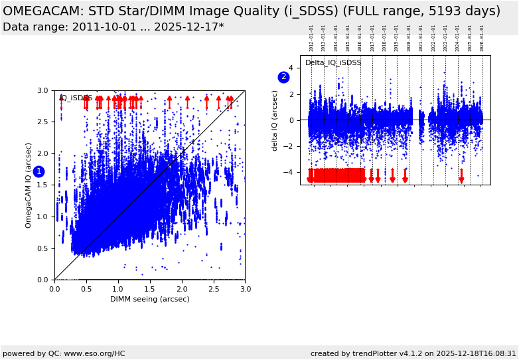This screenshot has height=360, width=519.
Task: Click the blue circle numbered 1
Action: point(38,171)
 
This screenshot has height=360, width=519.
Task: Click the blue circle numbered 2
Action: point(283,77)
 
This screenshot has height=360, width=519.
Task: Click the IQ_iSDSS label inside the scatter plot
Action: point(76,98)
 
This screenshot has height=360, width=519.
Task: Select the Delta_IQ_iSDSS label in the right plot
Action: point(333,63)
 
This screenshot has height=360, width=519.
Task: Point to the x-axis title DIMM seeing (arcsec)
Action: point(150,299)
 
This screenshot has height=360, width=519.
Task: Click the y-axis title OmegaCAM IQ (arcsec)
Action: point(29,185)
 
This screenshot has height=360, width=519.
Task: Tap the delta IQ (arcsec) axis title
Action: point(275,120)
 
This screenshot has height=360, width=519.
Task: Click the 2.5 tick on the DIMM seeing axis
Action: point(213,289)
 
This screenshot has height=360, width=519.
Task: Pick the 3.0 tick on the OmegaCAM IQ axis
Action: point(42,90)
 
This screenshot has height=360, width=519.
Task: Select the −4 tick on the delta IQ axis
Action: point(290,172)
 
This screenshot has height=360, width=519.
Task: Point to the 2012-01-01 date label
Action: point(311,38)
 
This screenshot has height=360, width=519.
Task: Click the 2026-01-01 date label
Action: point(482,38)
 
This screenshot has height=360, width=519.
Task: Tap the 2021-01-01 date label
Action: point(421,38)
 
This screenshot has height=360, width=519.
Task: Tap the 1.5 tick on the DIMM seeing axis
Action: point(150,289)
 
